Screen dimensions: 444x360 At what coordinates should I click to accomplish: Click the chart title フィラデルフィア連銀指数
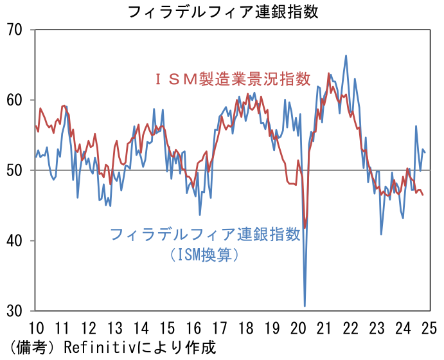click(x=224, y=12)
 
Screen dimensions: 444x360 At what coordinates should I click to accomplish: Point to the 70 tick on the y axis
click(x=14, y=30)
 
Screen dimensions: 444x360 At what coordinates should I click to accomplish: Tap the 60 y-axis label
click(x=14, y=100)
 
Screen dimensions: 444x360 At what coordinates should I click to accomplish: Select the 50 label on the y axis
click(x=14, y=171)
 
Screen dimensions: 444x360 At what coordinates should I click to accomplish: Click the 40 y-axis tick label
click(x=14, y=241)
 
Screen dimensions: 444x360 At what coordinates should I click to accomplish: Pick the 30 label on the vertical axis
click(x=14, y=311)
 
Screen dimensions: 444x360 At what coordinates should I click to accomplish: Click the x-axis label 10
click(x=37, y=328)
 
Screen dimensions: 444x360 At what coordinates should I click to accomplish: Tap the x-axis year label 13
click(x=115, y=328)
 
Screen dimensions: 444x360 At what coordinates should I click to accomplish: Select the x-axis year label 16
click(x=194, y=328)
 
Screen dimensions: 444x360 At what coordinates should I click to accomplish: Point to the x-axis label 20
click(x=298, y=328)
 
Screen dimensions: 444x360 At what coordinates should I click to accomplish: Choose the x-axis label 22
click(x=351, y=328)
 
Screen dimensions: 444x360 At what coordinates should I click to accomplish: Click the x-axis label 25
click(x=429, y=328)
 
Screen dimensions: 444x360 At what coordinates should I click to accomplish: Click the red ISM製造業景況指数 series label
click(x=233, y=79)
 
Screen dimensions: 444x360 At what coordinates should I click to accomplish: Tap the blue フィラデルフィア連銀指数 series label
click(x=206, y=235)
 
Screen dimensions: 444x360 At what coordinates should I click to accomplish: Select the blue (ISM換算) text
click(x=205, y=255)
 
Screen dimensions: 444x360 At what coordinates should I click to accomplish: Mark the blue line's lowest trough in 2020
click(x=305, y=306)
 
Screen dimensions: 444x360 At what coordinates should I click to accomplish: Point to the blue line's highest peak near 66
click(x=346, y=56)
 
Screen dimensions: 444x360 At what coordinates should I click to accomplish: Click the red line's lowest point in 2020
click(x=305, y=228)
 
